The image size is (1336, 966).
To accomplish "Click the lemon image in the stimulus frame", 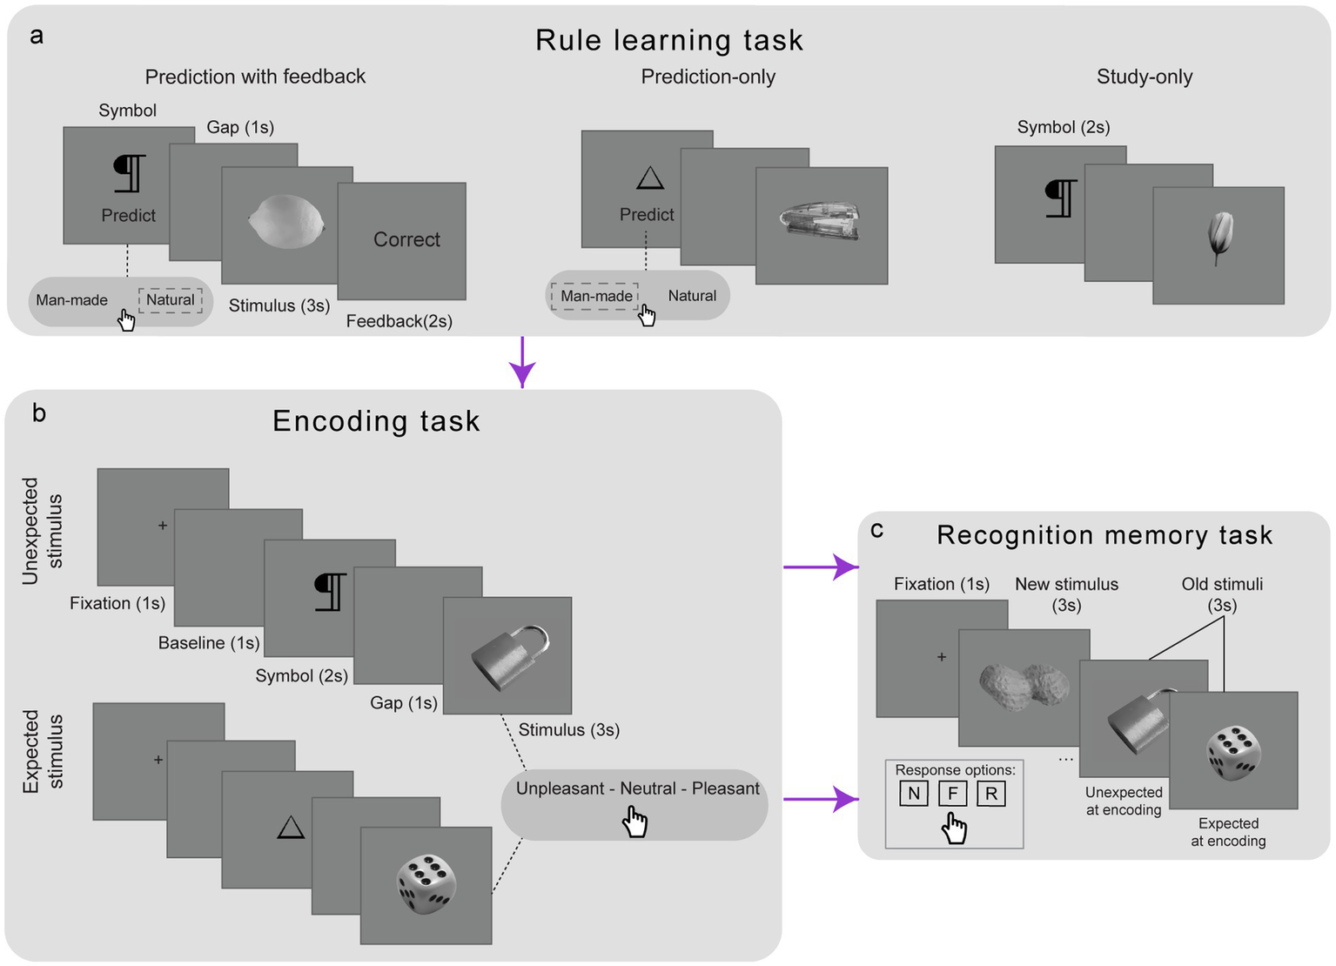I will coord(286,222).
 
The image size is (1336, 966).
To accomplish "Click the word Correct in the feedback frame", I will coord(406,239).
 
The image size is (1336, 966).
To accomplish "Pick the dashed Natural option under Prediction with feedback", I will coord(171,300).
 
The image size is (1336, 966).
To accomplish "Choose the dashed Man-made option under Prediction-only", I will coord(596,296).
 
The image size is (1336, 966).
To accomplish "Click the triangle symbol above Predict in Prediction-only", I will coord(649,178).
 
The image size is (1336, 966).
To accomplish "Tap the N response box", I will coord(913,794).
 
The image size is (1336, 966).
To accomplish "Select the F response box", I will coord(952,794).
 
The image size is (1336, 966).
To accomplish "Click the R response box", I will coord(991,794).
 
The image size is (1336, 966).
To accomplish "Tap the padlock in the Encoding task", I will coord(511,659).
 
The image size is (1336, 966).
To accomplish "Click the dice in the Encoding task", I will coord(426,883).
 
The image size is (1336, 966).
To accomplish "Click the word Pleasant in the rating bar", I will coord(725,788).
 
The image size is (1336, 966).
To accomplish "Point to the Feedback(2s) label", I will coord(399,322).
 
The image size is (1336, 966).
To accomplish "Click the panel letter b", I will coord(39,413).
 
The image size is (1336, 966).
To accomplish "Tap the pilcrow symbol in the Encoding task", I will coord(330,592).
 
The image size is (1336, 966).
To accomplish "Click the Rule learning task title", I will coord(668,40).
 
